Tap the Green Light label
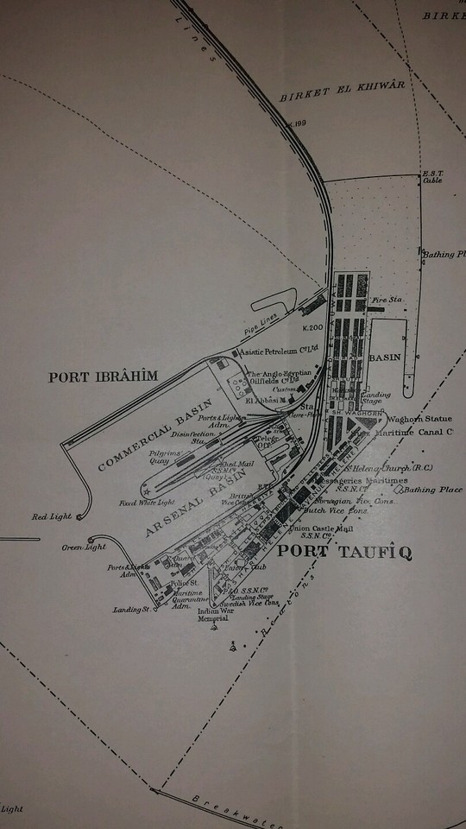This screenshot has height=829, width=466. (x=83, y=547)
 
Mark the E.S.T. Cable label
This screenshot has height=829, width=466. (x=431, y=178)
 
